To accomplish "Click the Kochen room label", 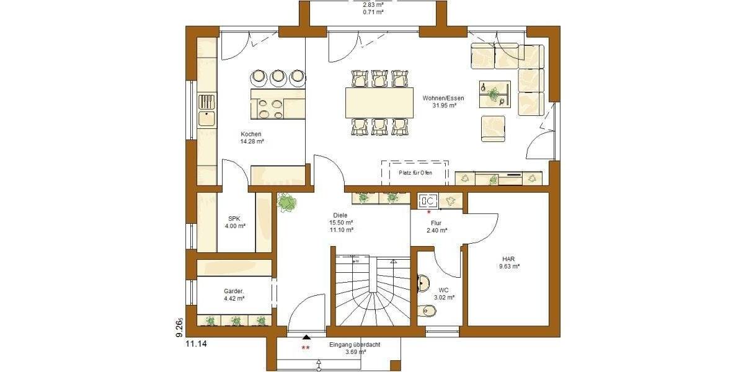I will (x=252, y=138).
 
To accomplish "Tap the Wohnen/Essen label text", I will (x=443, y=102).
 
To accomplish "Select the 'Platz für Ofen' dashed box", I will (x=415, y=172).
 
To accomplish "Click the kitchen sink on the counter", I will (x=206, y=117).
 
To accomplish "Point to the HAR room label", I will (x=508, y=263).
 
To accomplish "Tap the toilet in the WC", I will (x=428, y=311).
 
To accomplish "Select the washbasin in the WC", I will (x=423, y=283).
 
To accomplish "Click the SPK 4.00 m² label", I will (x=234, y=223).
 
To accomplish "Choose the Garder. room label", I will (x=234, y=294).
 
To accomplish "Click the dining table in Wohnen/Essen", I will (x=379, y=102).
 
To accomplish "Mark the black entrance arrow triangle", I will (x=306, y=338).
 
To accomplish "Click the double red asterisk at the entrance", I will (x=305, y=348).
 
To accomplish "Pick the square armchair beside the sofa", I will (x=493, y=128).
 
